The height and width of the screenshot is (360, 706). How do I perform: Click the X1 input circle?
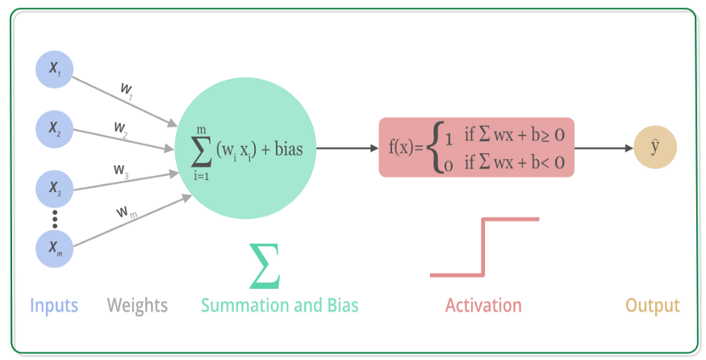tap(55, 69)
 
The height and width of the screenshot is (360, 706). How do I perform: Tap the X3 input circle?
tap(55, 189)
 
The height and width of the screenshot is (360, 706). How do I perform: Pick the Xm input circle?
tap(55, 249)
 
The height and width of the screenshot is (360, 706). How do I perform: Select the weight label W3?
tap(121, 170)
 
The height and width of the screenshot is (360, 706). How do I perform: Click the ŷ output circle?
tap(655, 148)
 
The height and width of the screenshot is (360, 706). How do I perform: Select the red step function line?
tap(483, 246)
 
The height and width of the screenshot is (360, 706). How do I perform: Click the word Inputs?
tap(54, 306)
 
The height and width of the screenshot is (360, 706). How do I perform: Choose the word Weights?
tap(137, 306)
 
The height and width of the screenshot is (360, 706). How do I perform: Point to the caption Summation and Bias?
tap(279, 306)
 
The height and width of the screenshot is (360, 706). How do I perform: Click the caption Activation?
tap(483, 306)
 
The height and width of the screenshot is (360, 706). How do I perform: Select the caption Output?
tap(653, 306)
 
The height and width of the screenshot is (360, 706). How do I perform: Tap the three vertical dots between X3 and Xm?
tap(55, 219)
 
